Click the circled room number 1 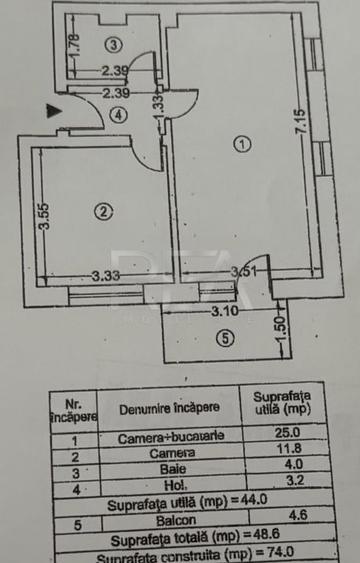(x=240, y=144)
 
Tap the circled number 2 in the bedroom (x=101, y=210)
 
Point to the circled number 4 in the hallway (x=118, y=114)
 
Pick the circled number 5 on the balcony (x=225, y=337)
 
